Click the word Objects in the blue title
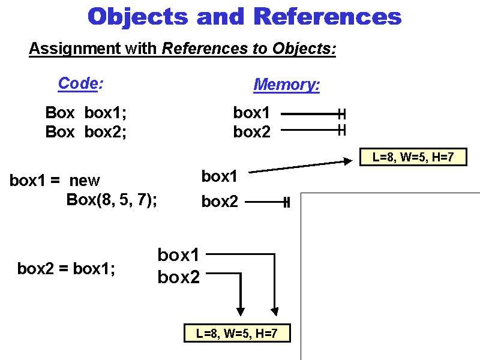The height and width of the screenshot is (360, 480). coord(137,16)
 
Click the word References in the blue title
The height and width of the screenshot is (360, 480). coord(327,16)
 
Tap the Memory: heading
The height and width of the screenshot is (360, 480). coord(287,85)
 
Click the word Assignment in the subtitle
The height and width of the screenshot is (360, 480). coord(75,49)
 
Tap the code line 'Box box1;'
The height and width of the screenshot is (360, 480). coord(86,113)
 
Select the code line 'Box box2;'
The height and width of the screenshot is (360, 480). coord(86,132)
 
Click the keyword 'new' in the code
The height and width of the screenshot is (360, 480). coord(85,181)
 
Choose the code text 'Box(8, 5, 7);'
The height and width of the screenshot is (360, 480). coord(112,200)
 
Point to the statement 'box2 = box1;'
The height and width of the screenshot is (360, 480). coord(66,269)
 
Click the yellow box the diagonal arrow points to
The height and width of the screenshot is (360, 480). coord(413,157)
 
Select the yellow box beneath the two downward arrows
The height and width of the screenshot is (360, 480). coord(237,334)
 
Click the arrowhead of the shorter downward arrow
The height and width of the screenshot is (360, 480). coord(241,311)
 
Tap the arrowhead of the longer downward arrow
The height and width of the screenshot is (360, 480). coord(274,311)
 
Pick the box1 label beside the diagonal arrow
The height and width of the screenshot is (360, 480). coord(220,176)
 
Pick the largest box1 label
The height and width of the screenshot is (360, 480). coord(178,255)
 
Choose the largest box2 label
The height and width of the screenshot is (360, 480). coord(178,277)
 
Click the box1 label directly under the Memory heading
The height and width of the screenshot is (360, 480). coord(251,113)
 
